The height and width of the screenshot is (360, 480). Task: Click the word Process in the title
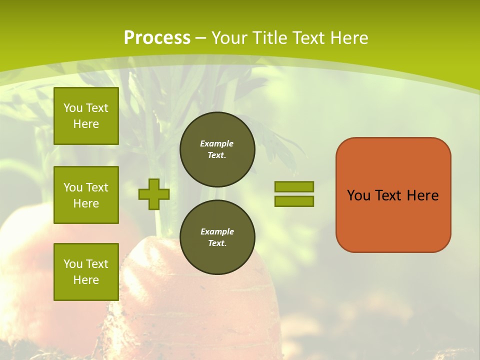pos(157,38)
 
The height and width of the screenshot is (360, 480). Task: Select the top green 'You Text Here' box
pos(86,116)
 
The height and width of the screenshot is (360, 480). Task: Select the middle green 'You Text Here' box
pos(86,195)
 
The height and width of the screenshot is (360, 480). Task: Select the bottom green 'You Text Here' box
pos(86,272)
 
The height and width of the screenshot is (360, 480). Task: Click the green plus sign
pos(154,194)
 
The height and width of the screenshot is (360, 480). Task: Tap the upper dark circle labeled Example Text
pos(217,149)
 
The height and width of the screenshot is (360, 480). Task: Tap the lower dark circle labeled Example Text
pos(217,237)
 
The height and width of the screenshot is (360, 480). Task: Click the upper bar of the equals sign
pos(294,186)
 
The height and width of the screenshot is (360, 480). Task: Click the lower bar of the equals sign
pos(294,201)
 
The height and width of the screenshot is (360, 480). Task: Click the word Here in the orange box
pos(422,195)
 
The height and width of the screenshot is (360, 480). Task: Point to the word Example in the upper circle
pos(216,143)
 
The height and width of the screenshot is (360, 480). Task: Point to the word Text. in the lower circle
pos(217,243)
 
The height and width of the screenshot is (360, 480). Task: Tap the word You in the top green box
pos(73,108)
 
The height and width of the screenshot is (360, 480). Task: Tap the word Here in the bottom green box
pos(86,280)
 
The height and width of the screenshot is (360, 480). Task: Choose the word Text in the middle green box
pos(96,187)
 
